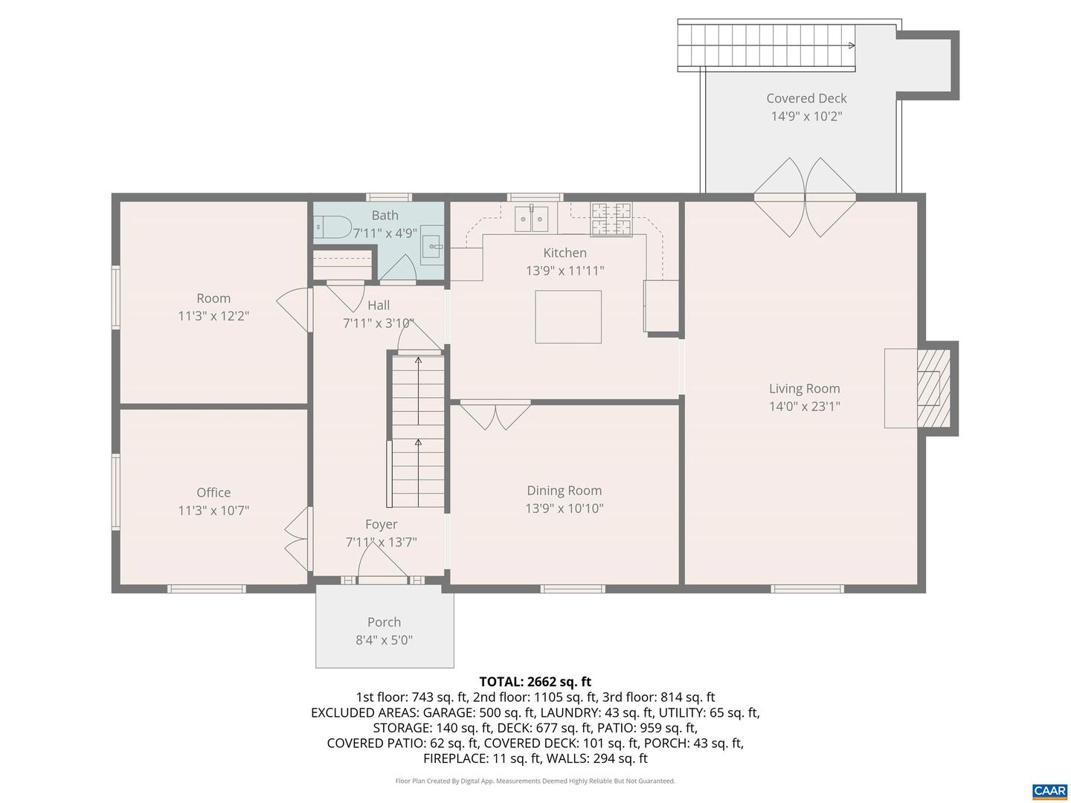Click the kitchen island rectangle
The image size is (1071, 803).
pyautogui.click(x=568, y=317)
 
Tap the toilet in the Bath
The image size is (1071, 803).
pyautogui.click(x=332, y=226)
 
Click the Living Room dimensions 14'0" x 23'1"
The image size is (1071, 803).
pyautogui.click(x=804, y=406)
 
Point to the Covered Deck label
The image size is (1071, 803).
pyautogui.click(x=806, y=98)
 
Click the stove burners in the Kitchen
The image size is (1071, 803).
pyautogui.click(x=611, y=219)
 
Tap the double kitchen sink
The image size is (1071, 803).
pyautogui.click(x=531, y=219)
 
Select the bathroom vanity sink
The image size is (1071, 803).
pyautogui.click(x=432, y=245)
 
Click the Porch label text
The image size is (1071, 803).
pyautogui.click(x=384, y=622)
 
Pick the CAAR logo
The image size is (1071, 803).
pyautogui.click(x=1049, y=791)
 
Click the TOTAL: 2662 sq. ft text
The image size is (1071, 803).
pyautogui.click(x=535, y=681)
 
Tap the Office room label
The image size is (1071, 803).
pyautogui.click(x=213, y=492)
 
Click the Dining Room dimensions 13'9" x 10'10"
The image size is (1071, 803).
pyautogui.click(x=564, y=509)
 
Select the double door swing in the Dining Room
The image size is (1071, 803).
pyautogui.click(x=495, y=415)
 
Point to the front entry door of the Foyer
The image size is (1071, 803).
pyautogui.click(x=382, y=570)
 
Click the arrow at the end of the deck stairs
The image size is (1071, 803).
pyautogui.click(x=852, y=45)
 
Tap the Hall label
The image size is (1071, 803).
pyautogui.click(x=379, y=305)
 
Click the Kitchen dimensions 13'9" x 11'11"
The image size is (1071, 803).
pyautogui.click(x=565, y=271)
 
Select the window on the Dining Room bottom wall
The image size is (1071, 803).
pyautogui.click(x=572, y=589)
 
